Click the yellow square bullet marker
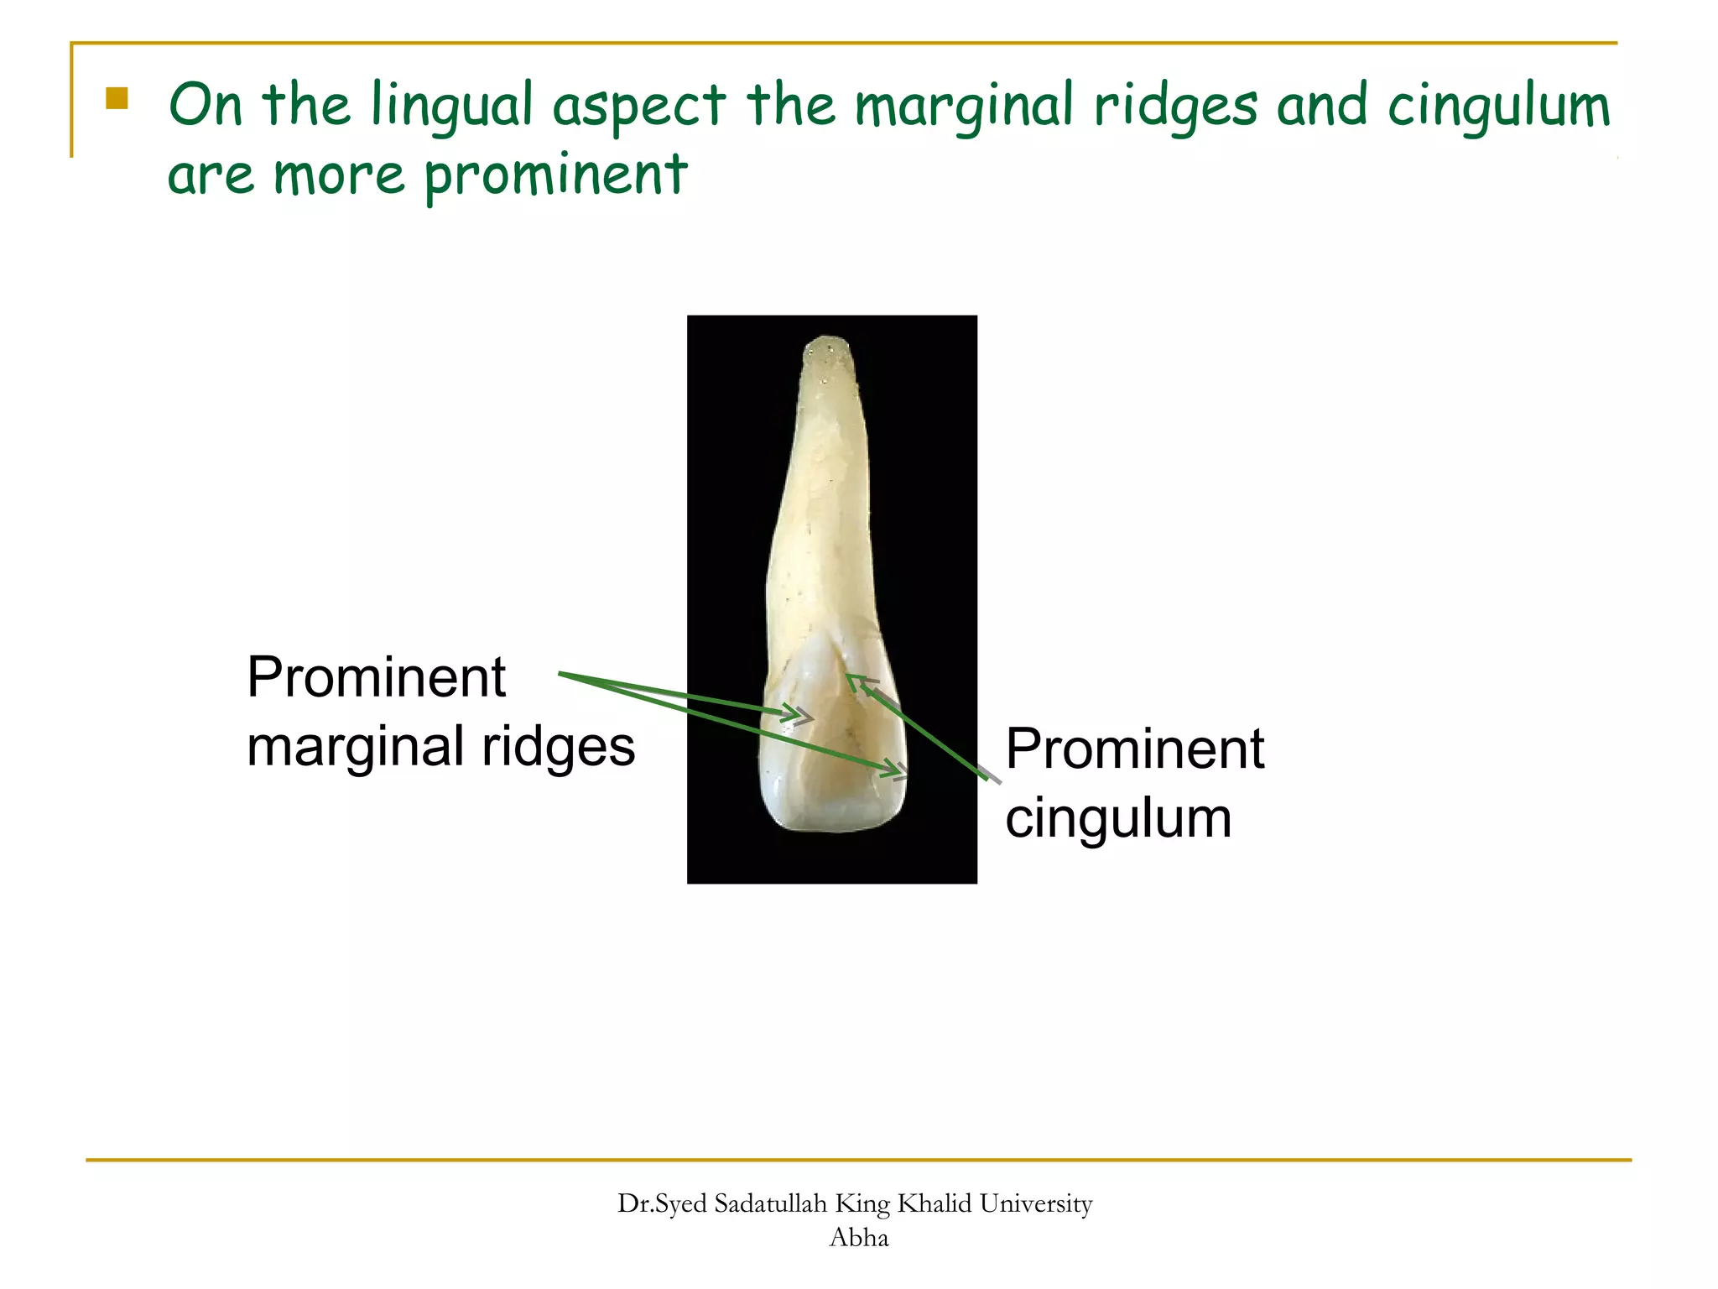(x=117, y=99)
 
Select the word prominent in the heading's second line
(x=555, y=176)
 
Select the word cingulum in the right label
(x=1118, y=818)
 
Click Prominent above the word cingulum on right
(x=1134, y=749)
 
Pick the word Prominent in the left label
(x=376, y=677)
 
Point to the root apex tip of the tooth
(x=828, y=342)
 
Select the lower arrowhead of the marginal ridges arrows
(x=899, y=770)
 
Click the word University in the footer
(x=1036, y=1203)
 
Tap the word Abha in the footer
(x=858, y=1237)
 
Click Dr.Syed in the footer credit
(x=662, y=1203)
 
